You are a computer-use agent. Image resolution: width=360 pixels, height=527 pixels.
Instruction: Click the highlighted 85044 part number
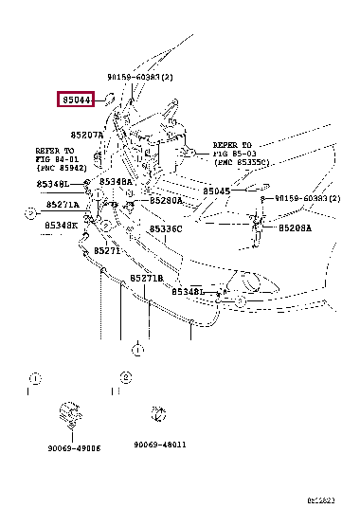click(77, 99)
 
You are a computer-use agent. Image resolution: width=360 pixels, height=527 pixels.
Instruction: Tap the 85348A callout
click(117, 181)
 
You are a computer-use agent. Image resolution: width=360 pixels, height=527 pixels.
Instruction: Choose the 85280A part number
click(166, 201)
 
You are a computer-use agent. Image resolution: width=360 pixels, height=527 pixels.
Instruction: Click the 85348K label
click(61, 225)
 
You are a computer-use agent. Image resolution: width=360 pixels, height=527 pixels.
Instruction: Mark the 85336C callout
click(165, 228)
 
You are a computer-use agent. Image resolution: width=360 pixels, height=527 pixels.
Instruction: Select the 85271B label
click(147, 278)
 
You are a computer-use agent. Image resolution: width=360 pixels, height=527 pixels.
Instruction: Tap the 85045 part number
click(216, 191)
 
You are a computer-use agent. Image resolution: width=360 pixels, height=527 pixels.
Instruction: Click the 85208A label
click(294, 228)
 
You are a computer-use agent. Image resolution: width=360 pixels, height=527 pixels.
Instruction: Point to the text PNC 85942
click(60, 168)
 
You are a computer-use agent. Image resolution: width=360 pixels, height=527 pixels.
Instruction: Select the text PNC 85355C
click(245, 162)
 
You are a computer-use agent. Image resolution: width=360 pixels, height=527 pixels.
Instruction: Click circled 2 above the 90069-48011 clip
click(125, 377)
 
